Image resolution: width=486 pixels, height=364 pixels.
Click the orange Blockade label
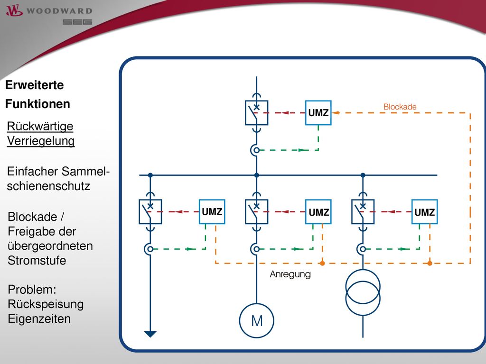pos(400,107)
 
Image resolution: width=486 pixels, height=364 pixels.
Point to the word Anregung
pos(290,274)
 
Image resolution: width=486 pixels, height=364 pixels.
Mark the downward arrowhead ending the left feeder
pos(150,334)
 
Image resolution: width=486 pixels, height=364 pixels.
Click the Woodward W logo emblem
pos(14,10)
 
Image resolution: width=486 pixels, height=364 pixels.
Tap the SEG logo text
pos(77,22)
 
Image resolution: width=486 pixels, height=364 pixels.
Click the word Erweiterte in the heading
pos(34,85)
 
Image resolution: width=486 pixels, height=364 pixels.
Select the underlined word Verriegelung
pos(41,141)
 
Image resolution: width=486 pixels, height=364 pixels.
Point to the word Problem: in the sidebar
pos(32,290)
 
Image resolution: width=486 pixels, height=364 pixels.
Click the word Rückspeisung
pos(46,304)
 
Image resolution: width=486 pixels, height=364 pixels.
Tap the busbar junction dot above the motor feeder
pos(257,175)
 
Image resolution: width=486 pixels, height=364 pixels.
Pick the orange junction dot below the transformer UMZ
pos(430,264)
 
